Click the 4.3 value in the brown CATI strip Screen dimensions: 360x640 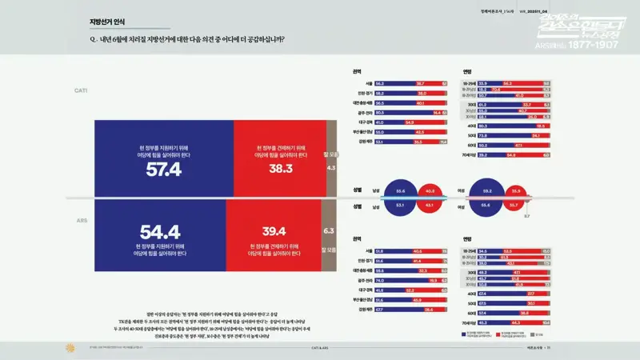(330, 169)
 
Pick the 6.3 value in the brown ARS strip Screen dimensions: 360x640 (328, 230)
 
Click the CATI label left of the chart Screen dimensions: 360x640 (81, 91)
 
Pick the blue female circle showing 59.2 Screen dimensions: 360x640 (486, 191)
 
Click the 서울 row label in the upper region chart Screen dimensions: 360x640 (369, 83)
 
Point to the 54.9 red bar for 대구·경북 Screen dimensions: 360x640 (410, 122)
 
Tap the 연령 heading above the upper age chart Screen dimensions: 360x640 (467, 71)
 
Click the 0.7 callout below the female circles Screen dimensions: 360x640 (526, 216)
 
